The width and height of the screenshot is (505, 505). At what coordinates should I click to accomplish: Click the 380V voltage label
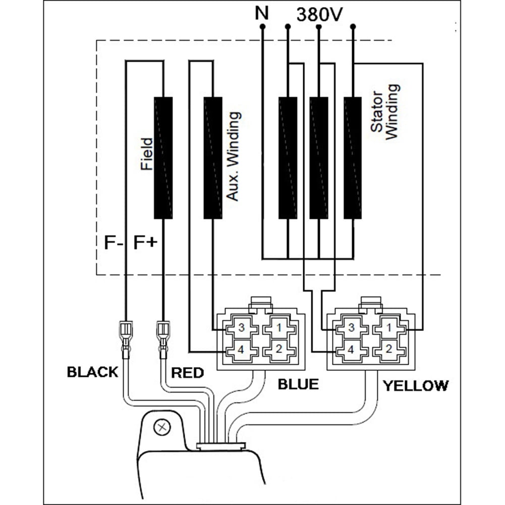pos(320,14)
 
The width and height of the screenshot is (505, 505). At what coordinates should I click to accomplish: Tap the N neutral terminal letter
pos(262,13)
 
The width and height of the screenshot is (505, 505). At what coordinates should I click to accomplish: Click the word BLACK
pos(92,372)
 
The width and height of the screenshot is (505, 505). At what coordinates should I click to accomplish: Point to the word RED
pos(188,373)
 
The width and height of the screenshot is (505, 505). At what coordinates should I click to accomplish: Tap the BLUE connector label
pos(298,384)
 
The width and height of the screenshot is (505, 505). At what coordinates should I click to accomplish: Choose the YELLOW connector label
pos(415,386)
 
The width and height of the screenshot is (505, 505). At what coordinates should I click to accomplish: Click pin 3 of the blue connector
pos(241,327)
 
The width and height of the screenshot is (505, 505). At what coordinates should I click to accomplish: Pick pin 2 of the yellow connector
pos(389,349)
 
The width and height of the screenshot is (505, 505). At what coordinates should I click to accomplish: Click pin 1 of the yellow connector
pos(389,327)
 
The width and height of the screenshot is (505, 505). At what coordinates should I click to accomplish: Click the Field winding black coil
pos(163,158)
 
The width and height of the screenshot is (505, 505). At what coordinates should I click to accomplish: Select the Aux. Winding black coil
pos(213,158)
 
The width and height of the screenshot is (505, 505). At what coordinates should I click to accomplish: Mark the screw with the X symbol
pos(162,428)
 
